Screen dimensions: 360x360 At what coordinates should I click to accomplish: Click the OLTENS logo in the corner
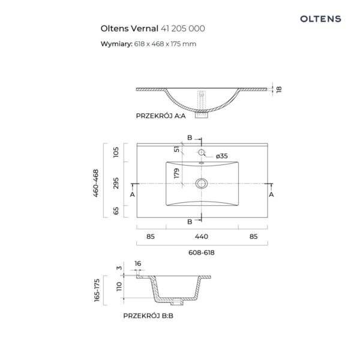[320, 19]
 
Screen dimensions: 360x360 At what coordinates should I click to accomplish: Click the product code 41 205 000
[183, 28]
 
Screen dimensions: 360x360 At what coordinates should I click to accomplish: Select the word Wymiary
[116, 44]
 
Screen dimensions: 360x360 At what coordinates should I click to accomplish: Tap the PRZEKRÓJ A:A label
[161, 116]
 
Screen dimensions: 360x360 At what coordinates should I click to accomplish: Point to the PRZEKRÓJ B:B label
[148, 316]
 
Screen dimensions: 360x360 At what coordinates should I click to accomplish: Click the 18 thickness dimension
[279, 89]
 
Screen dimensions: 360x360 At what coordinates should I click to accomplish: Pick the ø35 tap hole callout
[222, 156]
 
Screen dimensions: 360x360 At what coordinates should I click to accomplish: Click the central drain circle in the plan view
[202, 184]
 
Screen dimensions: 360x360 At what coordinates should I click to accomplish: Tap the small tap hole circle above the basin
[202, 152]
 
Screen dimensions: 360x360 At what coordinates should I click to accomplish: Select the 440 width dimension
[202, 236]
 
